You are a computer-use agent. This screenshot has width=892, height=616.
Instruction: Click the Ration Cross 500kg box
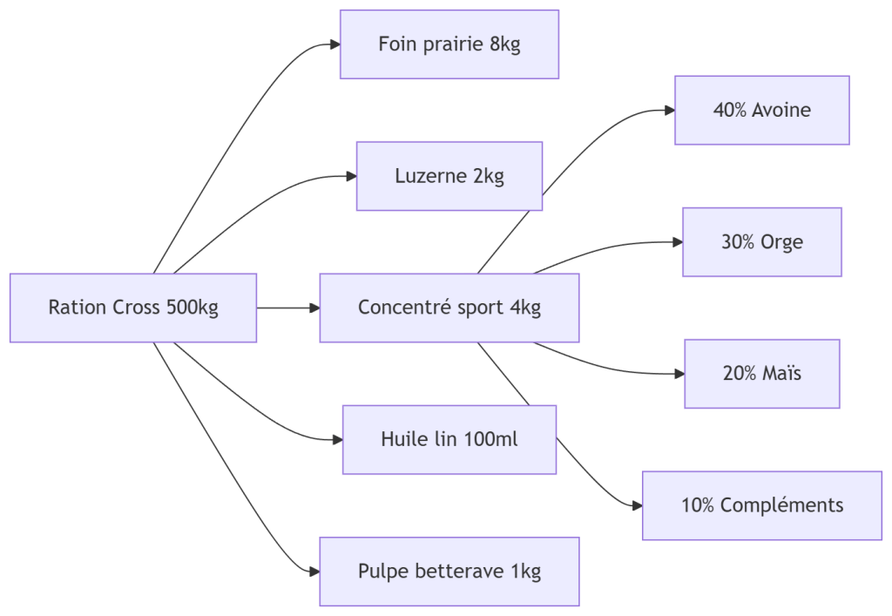click(x=133, y=308)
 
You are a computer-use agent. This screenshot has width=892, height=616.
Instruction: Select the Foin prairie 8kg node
click(x=449, y=44)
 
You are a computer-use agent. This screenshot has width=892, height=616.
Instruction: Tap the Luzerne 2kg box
click(x=449, y=176)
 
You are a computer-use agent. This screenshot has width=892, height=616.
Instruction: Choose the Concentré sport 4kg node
click(x=449, y=308)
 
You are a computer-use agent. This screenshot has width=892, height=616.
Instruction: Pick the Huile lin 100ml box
click(x=449, y=439)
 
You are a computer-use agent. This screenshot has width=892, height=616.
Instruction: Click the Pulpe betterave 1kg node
click(x=449, y=571)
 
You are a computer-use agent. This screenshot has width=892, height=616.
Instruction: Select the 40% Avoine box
click(x=761, y=110)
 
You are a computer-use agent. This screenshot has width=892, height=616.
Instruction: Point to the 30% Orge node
click(x=761, y=242)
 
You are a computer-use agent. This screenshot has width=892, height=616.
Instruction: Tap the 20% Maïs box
click(x=761, y=374)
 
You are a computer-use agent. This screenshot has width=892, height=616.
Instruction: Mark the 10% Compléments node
click(x=761, y=505)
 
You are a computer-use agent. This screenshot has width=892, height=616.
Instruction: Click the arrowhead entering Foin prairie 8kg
click(x=334, y=44)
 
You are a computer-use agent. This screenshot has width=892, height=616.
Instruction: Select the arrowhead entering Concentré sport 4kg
click(x=314, y=308)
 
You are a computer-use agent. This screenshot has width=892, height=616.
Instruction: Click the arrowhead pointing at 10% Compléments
click(x=636, y=505)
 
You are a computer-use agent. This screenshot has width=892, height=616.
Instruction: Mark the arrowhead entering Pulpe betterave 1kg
click(x=314, y=571)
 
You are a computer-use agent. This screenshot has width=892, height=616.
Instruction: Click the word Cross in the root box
click(x=136, y=308)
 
